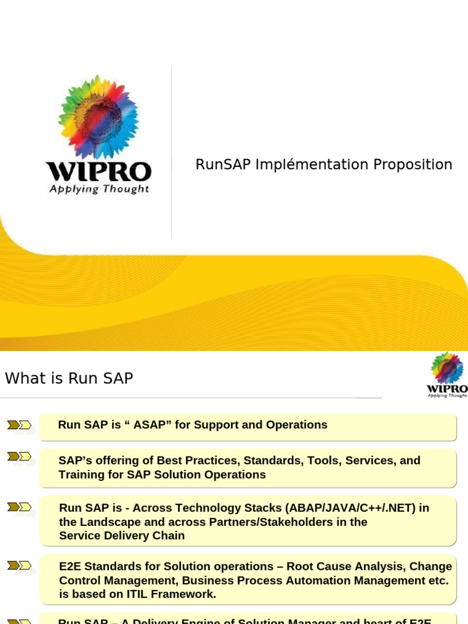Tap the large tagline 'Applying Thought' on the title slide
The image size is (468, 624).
[x=99, y=189]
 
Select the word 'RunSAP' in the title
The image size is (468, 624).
[x=222, y=165]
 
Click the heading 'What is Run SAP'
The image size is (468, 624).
[x=69, y=378]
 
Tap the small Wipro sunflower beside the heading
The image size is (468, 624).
[x=447, y=367]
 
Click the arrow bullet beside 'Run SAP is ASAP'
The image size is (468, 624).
[x=19, y=425]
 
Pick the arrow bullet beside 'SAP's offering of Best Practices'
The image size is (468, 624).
[x=19, y=456]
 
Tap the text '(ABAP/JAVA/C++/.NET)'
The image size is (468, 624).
[x=356, y=508]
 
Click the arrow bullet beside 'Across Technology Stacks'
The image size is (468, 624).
[x=19, y=507]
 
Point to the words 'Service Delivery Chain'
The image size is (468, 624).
[x=122, y=536]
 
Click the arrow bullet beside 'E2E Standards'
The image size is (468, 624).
[x=19, y=565]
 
